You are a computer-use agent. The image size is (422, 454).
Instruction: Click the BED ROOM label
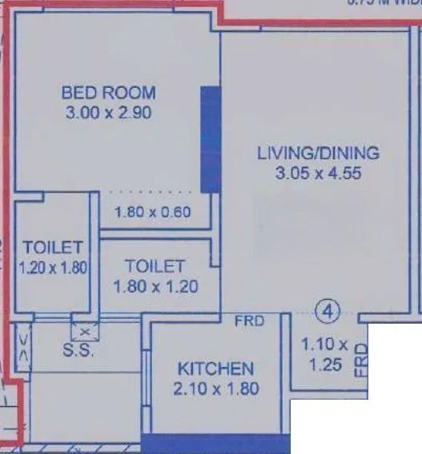coord(108,93)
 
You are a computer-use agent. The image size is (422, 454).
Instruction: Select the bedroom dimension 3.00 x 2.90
coord(108,113)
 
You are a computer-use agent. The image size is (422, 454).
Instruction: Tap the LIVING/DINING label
coord(318,153)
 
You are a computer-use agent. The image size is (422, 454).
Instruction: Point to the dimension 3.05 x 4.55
coord(318,173)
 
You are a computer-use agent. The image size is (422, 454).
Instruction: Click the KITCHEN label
coord(215,368)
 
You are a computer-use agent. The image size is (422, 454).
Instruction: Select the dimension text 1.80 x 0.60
coord(153,213)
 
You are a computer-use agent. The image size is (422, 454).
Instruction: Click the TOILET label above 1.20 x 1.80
coord(49,245)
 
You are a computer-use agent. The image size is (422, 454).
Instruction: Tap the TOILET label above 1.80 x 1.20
coord(155,266)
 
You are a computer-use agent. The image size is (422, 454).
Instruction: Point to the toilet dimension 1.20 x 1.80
coord(52,268)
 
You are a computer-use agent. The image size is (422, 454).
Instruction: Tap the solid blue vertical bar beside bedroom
coord(210,139)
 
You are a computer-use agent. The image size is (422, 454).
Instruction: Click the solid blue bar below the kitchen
coord(215,444)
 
